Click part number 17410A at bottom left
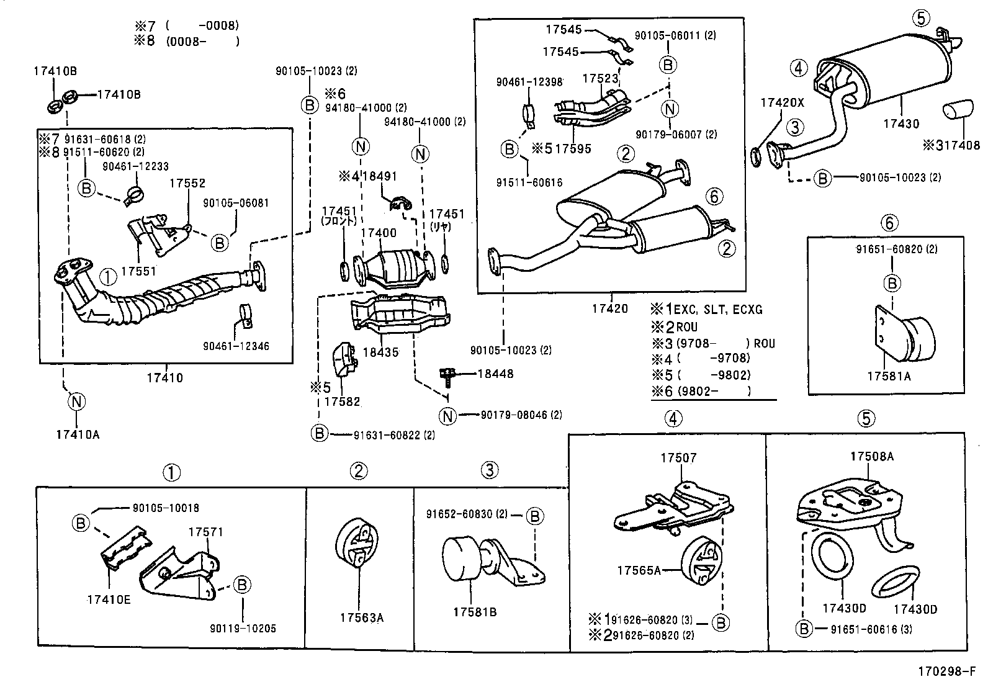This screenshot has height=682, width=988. coord(76,434)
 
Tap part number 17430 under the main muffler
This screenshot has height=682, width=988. coord(901,124)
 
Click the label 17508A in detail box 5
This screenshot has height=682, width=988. coord(871,456)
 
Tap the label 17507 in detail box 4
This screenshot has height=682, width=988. coord(678,458)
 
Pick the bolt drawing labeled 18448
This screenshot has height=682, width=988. coord(447,374)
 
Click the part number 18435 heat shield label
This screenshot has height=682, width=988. coord(380,352)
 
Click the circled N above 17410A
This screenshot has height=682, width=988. coord(75,402)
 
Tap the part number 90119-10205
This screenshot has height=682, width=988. coord(243,628)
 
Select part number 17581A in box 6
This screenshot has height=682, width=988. coord(889,376)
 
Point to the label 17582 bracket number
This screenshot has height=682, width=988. coord(343,402)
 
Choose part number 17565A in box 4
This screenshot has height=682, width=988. coord(639,570)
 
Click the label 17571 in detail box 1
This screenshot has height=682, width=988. coord(205,532)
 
